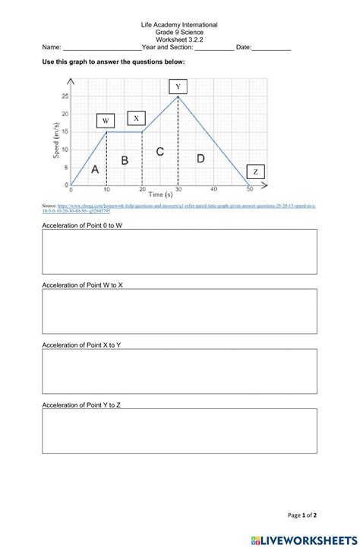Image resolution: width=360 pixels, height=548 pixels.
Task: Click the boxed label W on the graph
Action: coord(106,121)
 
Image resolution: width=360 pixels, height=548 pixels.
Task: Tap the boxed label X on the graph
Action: coord(137,118)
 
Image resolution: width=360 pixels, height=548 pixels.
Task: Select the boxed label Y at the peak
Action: coord(178,87)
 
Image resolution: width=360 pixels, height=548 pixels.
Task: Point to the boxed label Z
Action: coord(255,172)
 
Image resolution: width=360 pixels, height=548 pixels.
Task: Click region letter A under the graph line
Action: coord(94,170)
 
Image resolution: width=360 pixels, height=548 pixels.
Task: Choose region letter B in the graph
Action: coord(125,160)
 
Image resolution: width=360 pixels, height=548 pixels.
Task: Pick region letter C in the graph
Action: coord(160,152)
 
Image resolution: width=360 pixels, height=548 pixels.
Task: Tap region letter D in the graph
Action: coord(201,159)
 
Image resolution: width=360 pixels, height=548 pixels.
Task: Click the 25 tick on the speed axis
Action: coord(65,96)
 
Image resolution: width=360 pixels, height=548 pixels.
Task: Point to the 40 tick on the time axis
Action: coord(214,189)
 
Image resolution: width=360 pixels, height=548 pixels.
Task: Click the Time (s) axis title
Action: coord(161,195)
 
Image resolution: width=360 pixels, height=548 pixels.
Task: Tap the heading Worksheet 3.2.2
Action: coord(179,39)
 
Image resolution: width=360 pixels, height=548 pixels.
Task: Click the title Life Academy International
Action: coord(179,24)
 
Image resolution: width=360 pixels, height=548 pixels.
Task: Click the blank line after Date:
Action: coord(271,49)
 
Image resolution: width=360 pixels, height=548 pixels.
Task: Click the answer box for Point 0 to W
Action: coord(179,251)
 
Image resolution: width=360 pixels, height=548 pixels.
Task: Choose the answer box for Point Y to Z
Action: coord(179,431)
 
